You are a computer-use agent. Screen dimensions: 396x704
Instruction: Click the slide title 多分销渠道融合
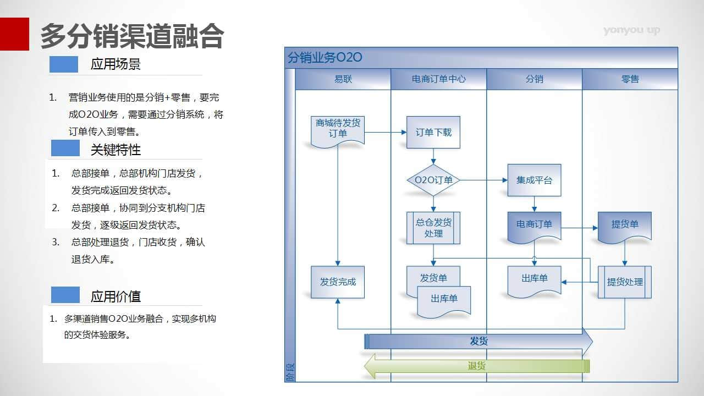pyautogui.click(x=132, y=36)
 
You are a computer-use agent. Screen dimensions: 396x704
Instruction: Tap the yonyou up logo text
pyautogui.click(x=631, y=30)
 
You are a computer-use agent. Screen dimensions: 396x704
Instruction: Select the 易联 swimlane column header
pyautogui.click(x=343, y=79)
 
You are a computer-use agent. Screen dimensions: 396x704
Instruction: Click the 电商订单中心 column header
pyautogui.click(x=438, y=79)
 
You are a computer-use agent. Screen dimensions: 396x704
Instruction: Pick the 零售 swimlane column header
pyautogui.click(x=630, y=79)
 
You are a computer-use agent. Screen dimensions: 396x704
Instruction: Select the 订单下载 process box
pyautogui.click(x=433, y=132)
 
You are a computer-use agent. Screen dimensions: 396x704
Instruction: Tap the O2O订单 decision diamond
pyautogui.click(x=433, y=180)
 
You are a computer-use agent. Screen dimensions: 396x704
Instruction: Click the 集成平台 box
pyautogui.click(x=534, y=180)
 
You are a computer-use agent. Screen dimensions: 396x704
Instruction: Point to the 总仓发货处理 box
pyautogui.click(x=433, y=228)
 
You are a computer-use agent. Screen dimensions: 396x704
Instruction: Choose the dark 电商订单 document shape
pyautogui.click(x=534, y=226)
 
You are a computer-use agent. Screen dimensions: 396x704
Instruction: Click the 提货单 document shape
pyautogui.click(x=625, y=226)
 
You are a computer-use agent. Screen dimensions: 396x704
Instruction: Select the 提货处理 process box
pyautogui.click(x=625, y=282)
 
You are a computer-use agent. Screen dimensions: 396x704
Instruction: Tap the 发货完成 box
pyautogui.click(x=338, y=282)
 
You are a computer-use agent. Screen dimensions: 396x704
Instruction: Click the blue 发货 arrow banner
pyautogui.click(x=479, y=342)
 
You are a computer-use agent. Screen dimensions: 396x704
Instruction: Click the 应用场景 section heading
pyautogui.click(x=116, y=64)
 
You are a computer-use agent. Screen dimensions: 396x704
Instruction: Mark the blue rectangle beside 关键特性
pyautogui.click(x=65, y=148)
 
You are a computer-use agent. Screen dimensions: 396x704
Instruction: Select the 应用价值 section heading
pyautogui.click(x=116, y=296)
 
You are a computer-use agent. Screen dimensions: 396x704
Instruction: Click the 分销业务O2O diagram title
pyautogui.click(x=324, y=58)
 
